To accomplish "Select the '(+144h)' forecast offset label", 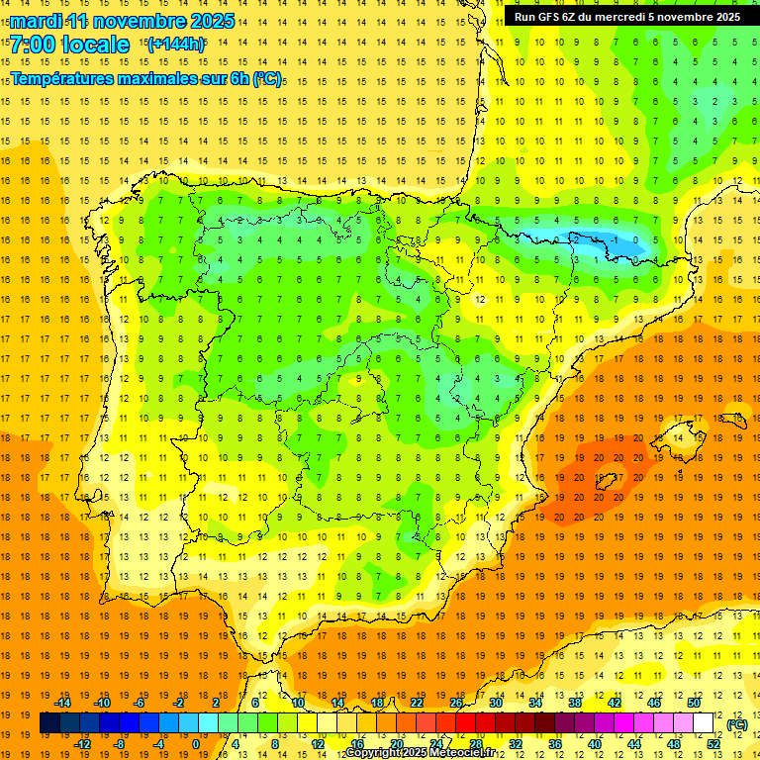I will point(175,44).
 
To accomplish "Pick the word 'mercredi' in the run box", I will point(628,17).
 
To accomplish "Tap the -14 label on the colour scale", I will point(62,703).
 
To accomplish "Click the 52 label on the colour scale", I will point(713,744).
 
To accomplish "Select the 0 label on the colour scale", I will point(196,744).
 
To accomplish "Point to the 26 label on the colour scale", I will point(456,703).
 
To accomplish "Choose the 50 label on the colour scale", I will point(694,703).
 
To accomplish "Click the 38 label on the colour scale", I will point(575,703).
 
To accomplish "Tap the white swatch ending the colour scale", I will point(704,723).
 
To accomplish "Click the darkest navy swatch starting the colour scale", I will point(49,723).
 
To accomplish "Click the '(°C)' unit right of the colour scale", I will point(736,724).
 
